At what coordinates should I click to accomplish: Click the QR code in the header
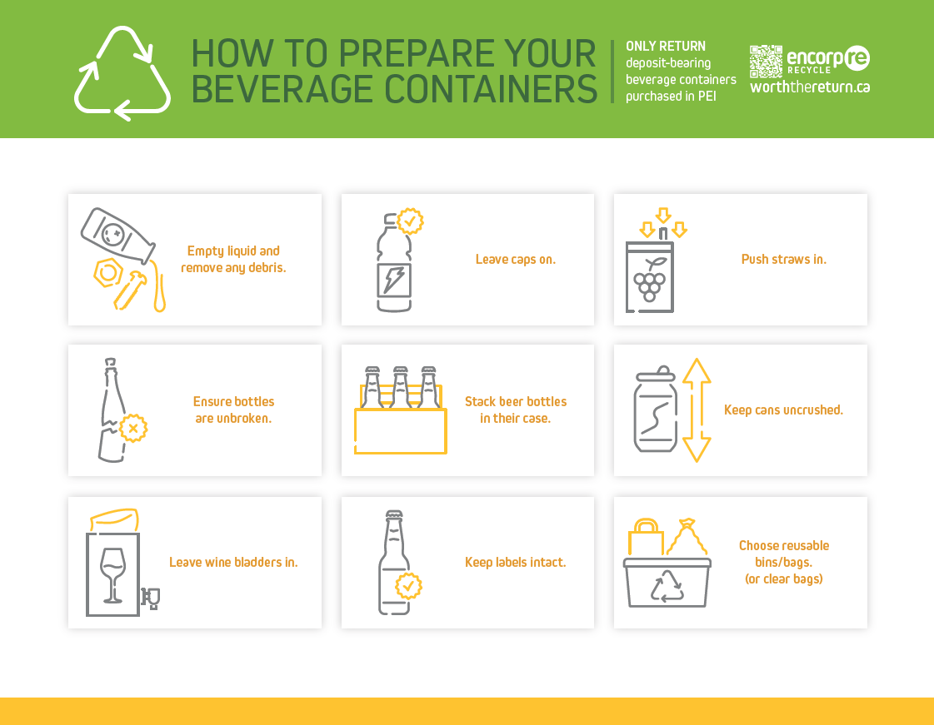click(x=766, y=62)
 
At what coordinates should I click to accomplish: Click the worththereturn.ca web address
click(x=810, y=87)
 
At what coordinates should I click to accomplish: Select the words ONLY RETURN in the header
click(x=666, y=47)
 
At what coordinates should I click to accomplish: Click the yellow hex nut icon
click(x=107, y=273)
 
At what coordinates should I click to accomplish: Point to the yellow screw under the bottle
click(x=129, y=290)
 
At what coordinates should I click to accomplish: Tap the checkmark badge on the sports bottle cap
click(x=411, y=221)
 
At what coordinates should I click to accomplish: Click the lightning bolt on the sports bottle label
click(x=394, y=280)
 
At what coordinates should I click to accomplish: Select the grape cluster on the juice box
click(x=649, y=285)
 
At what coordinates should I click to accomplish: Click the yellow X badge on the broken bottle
click(x=133, y=428)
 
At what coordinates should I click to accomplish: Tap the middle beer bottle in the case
click(x=401, y=387)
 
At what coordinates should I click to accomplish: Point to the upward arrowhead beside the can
click(x=697, y=370)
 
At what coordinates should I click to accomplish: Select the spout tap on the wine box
click(x=151, y=598)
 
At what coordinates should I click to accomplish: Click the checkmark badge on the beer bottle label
click(x=408, y=586)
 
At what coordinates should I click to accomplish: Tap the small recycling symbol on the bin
click(x=667, y=586)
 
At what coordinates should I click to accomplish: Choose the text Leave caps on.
click(x=515, y=260)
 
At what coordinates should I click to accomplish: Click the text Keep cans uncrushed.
click(x=783, y=410)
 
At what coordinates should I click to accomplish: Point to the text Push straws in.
click(x=784, y=260)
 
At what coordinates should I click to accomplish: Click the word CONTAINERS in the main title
click(x=490, y=90)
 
